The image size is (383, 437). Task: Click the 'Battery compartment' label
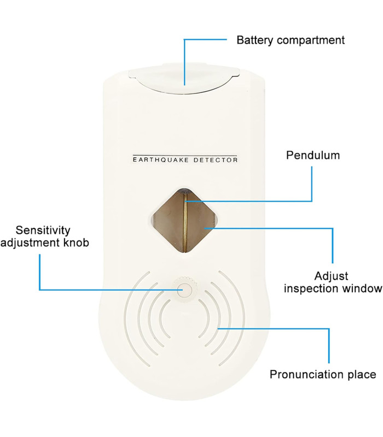[291, 40]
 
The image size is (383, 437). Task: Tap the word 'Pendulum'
[313, 155]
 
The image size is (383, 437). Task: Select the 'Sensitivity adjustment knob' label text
[45, 237]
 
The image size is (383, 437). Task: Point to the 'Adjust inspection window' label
[333, 282]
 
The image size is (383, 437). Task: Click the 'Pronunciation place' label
[323, 374]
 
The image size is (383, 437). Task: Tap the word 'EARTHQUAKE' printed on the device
[161, 160]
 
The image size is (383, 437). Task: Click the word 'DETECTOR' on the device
[215, 160]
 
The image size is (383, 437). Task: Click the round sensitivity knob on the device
[185, 290]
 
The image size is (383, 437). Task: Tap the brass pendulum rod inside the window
[185, 222]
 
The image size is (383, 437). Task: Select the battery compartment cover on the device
[184, 79]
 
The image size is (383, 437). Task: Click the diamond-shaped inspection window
[184, 221]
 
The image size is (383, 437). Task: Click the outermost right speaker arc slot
[234, 318]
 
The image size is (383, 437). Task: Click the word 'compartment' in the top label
[311, 40]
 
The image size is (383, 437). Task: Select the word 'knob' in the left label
[77, 243]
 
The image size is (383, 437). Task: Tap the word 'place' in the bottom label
[362, 375]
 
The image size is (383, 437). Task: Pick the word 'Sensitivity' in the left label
[43, 231]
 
